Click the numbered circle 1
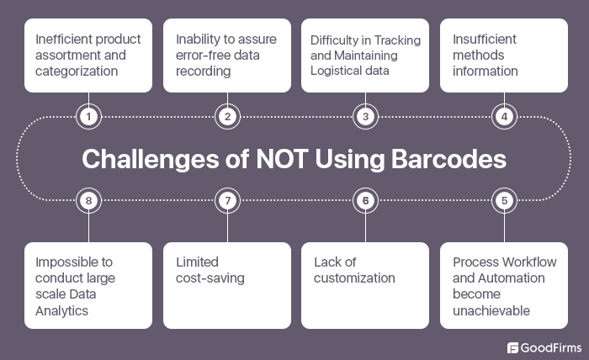click(88, 117)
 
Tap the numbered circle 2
click(226, 117)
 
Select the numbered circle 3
click(365, 117)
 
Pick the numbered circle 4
click(504, 117)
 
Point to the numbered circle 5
click(504, 200)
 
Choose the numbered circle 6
click(365, 200)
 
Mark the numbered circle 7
click(226, 200)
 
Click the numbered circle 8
click(88, 200)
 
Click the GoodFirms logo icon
click(513, 347)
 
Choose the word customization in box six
click(353, 278)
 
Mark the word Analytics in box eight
click(61, 310)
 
